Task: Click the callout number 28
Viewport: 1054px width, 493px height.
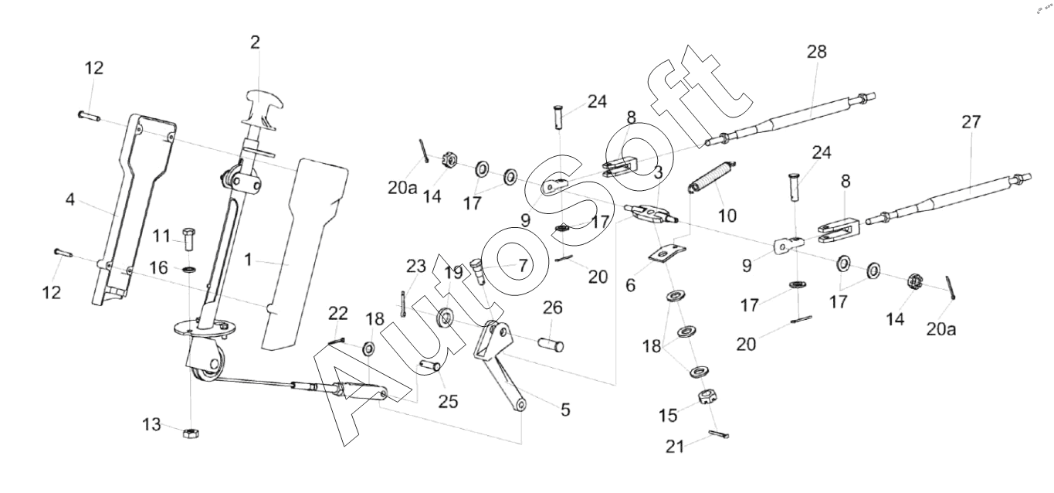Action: click(x=816, y=52)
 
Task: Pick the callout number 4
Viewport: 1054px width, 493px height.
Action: click(x=71, y=200)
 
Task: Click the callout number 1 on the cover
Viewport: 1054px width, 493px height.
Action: click(x=248, y=260)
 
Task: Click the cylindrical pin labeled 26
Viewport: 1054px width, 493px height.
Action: click(x=551, y=338)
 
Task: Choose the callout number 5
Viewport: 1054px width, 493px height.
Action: click(x=565, y=410)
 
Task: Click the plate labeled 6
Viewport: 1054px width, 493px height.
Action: click(x=666, y=253)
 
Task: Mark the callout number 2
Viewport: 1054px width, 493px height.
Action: click(x=255, y=42)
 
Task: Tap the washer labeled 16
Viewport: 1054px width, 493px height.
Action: click(x=188, y=270)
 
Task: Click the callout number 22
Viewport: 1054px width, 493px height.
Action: click(x=338, y=313)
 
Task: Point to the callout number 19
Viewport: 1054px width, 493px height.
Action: click(x=453, y=271)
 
